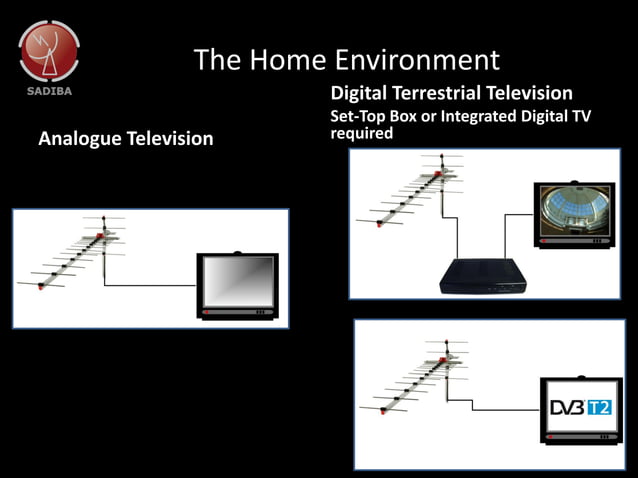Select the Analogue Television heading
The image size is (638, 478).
tap(125, 138)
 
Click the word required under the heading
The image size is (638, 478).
tap(362, 133)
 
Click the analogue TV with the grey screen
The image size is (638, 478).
tap(238, 286)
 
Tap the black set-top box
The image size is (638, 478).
tap(484, 274)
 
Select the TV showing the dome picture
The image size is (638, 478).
tap(573, 213)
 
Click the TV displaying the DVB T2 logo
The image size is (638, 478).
tap(580, 410)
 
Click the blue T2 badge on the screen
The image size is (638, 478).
tap(598, 407)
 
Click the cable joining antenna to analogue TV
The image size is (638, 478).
tap(150, 285)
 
